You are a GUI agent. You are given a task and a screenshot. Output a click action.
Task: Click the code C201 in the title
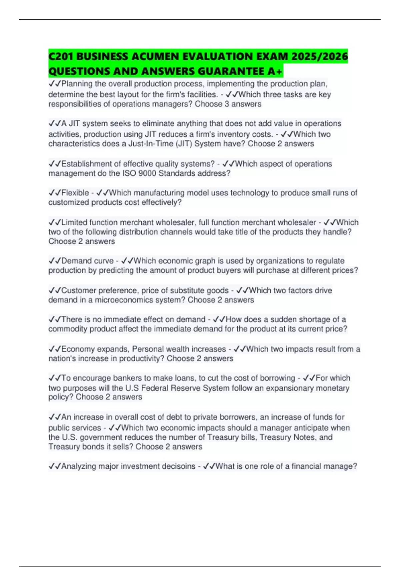[x=61, y=56]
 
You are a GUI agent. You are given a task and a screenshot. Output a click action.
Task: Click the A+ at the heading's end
[x=276, y=71]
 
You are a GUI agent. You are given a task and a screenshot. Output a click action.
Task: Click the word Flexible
[x=75, y=193]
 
